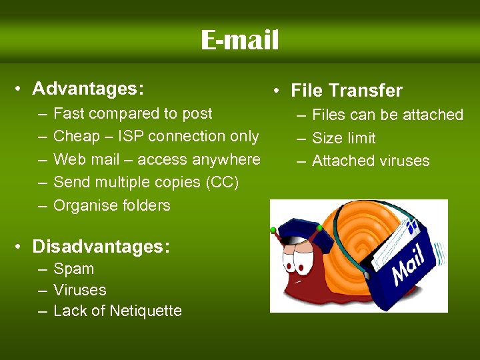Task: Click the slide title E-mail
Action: (239, 41)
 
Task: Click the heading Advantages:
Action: (88, 89)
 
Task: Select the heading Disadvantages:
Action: (101, 247)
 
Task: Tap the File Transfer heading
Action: (347, 91)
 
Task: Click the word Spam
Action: (73, 269)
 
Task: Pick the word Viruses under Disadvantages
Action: (79, 290)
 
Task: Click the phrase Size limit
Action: (343, 138)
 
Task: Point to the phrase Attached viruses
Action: (371, 161)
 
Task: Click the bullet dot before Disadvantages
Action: (22, 247)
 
